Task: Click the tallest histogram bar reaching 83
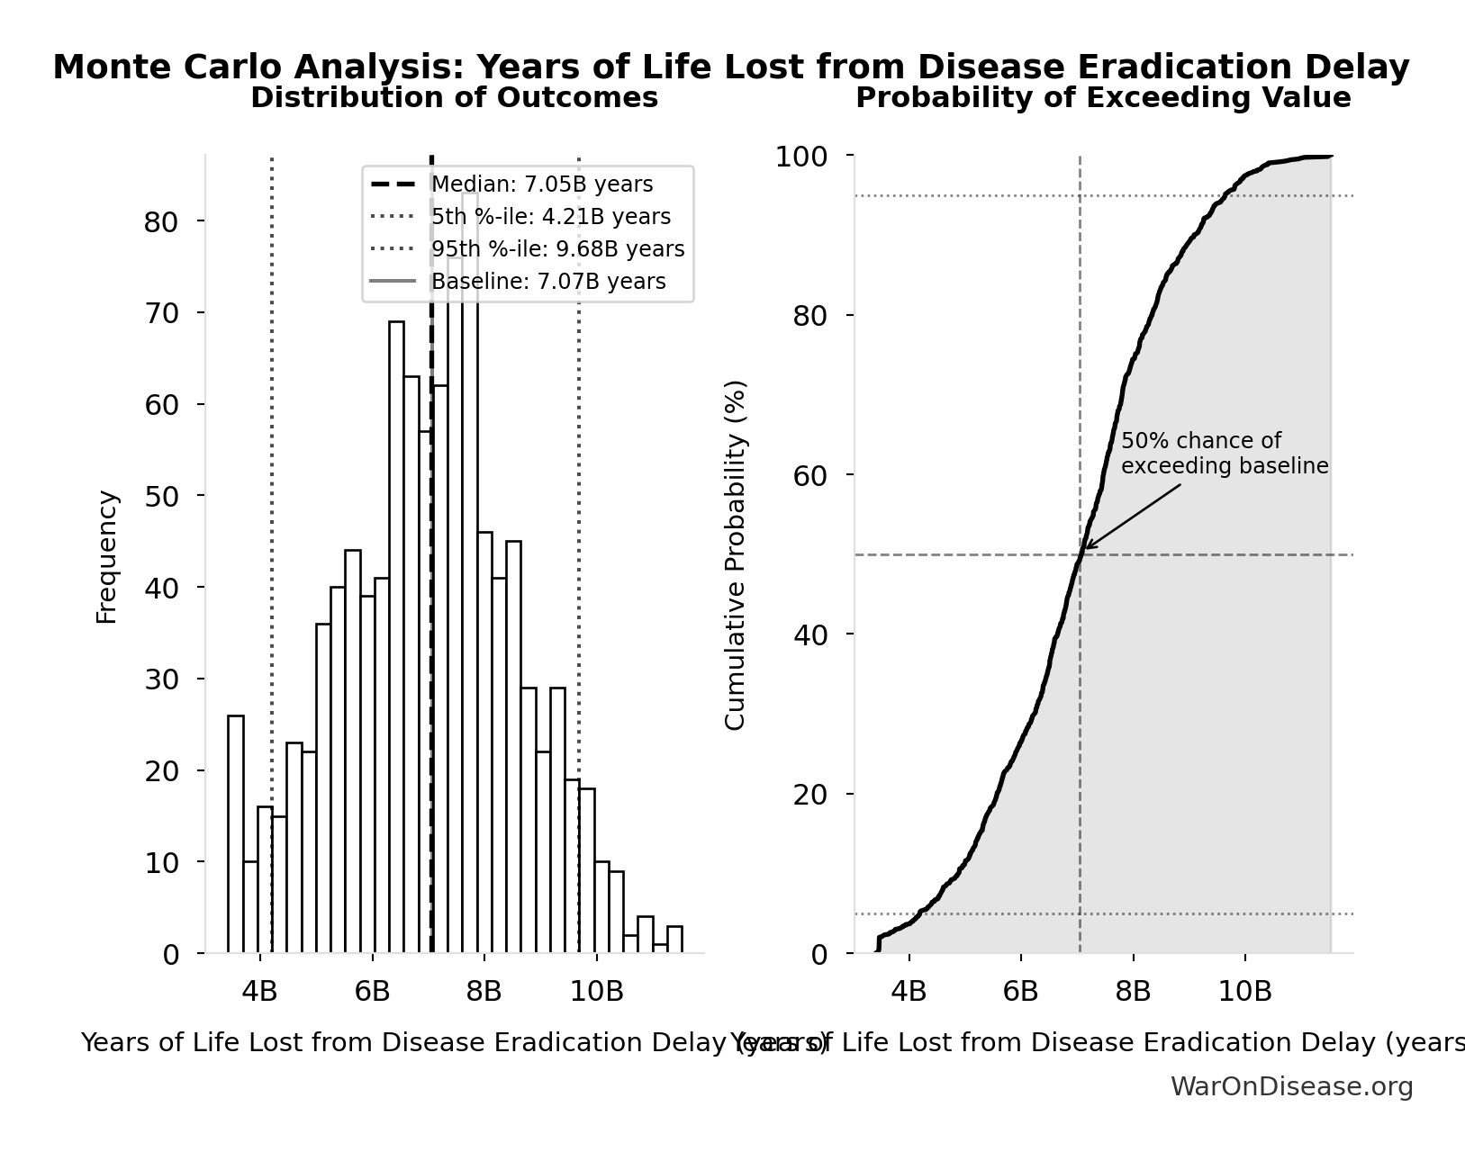pyautogui.click(x=470, y=576)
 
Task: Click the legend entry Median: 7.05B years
pyautogui.click(x=541, y=184)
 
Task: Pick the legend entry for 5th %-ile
pyautogui.click(x=550, y=217)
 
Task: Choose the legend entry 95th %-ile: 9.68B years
pyautogui.click(x=557, y=249)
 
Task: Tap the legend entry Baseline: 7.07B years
pyautogui.click(x=548, y=282)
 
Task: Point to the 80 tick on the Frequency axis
pyautogui.click(x=160, y=221)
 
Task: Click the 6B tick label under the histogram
pyautogui.click(x=372, y=992)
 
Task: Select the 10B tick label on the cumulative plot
pyautogui.click(x=1244, y=992)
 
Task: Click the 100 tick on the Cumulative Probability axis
pyautogui.click(x=801, y=157)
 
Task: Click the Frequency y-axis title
pyautogui.click(x=107, y=556)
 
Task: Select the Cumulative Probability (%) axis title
pyautogui.click(x=736, y=554)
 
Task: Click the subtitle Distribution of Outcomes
pyautogui.click(x=454, y=98)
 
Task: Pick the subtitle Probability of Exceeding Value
pyautogui.click(x=1103, y=98)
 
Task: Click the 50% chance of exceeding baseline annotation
pyautogui.click(x=1224, y=454)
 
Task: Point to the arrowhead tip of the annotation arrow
pyautogui.click(x=1084, y=548)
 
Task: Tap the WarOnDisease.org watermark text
pyautogui.click(x=1291, y=1087)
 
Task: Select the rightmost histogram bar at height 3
pyautogui.click(x=674, y=939)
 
